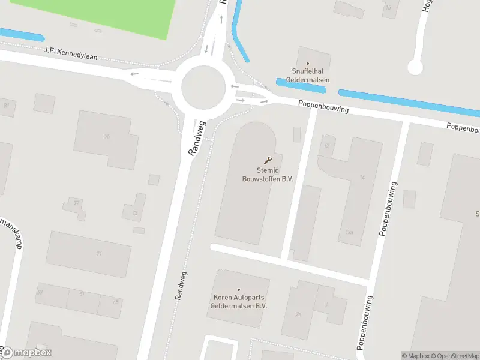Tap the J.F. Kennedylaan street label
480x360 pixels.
click(x=71, y=54)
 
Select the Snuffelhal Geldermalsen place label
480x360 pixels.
click(x=307, y=76)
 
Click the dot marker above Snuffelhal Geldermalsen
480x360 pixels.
click(x=307, y=63)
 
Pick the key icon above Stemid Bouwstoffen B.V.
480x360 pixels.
click(x=267, y=160)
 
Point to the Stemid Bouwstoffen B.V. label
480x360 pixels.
click(x=267, y=174)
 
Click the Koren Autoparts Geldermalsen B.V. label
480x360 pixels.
click(x=238, y=301)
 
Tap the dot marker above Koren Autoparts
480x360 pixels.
click(x=238, y=290)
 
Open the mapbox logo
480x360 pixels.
click(x=26, y=353)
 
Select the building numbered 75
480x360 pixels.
click(x=107, y=136)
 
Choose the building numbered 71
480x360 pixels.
click(x=99, y=254)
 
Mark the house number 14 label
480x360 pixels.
click(x=362, y=177)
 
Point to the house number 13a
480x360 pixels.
click(x=350, y=232)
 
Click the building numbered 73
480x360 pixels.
click(x=135, y=212)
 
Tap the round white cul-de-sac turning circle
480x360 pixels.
click(x=415, y=67)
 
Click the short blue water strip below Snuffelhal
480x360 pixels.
click(x=301, y=85)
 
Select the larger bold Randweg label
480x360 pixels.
click(x=197, y=138)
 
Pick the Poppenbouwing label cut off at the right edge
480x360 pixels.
click(x=463, y=127)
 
